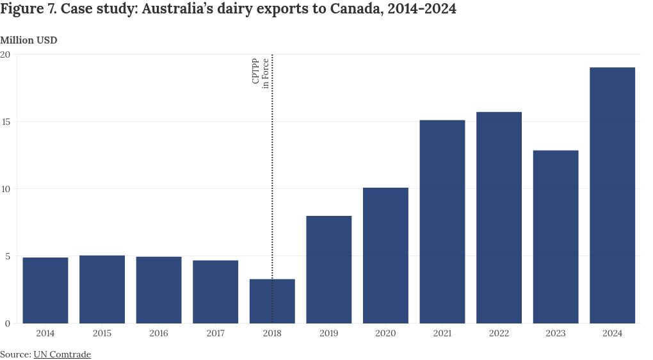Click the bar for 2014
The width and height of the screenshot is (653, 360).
pyautogui.click(x=45, y=290)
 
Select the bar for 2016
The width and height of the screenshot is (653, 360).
pyautogui.click(x=159, y=290)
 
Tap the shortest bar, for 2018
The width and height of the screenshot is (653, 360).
pyautogui.click(x=272, y=301)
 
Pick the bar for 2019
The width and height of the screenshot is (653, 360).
pyautogui.click(x=329, y=270)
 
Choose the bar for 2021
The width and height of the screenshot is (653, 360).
pyautogui.click(x=442, y=222)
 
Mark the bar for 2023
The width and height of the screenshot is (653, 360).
pyautogui.click(x=556, y=237)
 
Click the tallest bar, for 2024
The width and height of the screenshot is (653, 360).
pyautogui.click(x=612, y=195)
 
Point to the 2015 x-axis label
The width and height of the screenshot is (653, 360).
pyautogui.click(x=102, y=334)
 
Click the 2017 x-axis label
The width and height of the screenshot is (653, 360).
pyautogui.click(x=216, y=334)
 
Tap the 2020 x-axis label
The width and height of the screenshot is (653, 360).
pyautogui.click(x=385, y=334)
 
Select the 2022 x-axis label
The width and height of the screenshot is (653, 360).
pyautogui.click(x=499, y=334)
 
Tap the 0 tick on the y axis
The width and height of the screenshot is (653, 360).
pyautogui.click(x=8, y=323)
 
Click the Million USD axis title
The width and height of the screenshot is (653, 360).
pyautogui.click(x=28, y=40)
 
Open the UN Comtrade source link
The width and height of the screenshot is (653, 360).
pyautogui.click(x=62, y=354)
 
